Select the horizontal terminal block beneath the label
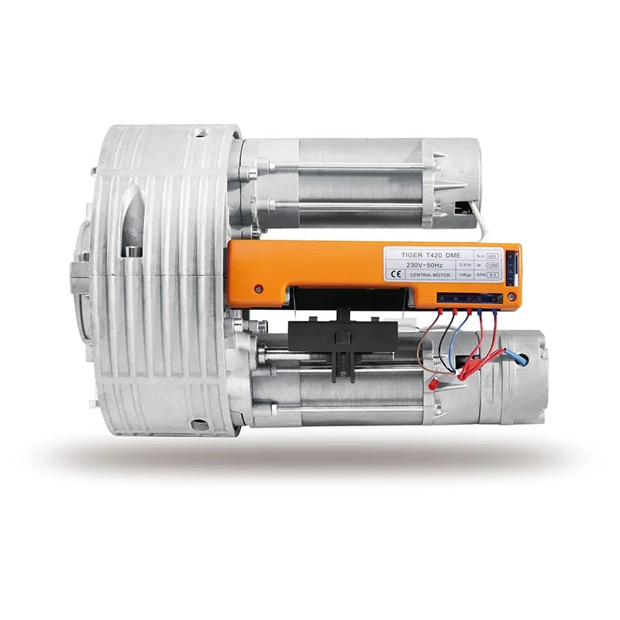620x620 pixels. (466, 298)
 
